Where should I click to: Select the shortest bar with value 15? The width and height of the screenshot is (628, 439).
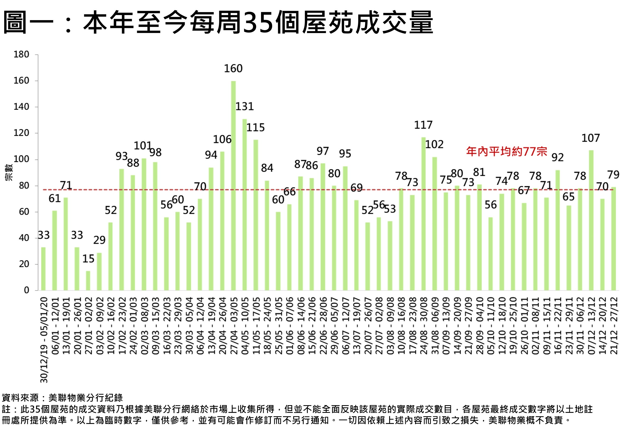point(88,280)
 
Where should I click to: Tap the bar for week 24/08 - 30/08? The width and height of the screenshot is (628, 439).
point(424,214)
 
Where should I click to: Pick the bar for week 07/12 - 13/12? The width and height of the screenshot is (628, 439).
point(591,220)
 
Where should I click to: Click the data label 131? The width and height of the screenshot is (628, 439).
point(245,107)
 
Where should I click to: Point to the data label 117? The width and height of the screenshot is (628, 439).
point(423,125)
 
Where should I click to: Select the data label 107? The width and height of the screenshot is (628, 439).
point(590,138)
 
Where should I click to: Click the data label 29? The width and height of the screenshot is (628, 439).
point(99,240)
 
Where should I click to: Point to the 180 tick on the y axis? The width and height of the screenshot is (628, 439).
point(21,54)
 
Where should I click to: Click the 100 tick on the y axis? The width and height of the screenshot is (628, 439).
point(21,159)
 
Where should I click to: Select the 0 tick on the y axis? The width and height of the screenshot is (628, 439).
point(26,290)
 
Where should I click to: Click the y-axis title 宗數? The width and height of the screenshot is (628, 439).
point(9,172)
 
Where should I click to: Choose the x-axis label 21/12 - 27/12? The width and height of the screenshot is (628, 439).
point(614,326)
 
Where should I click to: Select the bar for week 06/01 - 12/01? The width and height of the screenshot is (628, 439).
point(54,251)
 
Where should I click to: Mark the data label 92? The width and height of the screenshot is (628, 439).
point(557,158)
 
